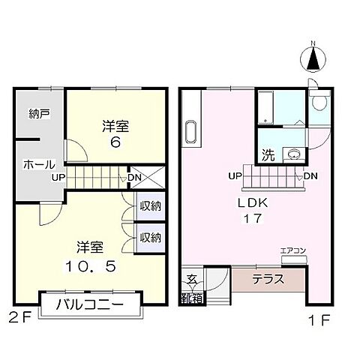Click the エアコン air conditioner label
pyautogui.click(x=292, y=251)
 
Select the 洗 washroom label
pyautogui.click(x=267, y=156)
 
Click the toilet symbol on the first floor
pyautogui.click(x=319, y=102)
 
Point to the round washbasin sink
pyautogui.click(x=292, y=156)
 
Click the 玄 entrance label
pyautogui.click(x=191, y=279)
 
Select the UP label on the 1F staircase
pyautogui.click(x=234, y=176)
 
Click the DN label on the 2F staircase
pyautogui.click(x=136, y=178)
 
